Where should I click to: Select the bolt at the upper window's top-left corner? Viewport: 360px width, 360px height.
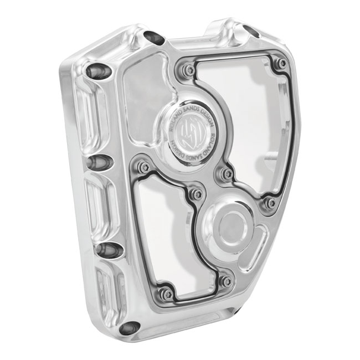point(190,70)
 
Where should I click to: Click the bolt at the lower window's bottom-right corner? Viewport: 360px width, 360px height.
point(225,281)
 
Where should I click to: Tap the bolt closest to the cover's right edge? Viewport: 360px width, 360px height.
point(270,203)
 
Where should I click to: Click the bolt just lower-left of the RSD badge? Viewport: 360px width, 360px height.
point(145,166)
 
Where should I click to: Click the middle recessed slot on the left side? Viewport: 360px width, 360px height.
point(101,202)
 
